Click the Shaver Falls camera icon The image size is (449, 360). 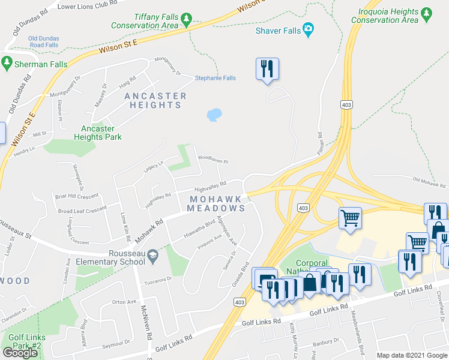point(309,29)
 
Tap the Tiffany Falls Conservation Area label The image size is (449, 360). point(152,22)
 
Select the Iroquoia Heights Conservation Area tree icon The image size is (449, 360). point(427,12)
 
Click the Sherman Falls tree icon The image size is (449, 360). point(7,61)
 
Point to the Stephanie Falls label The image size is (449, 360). point(215,78)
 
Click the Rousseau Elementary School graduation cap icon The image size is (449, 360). point(152,255)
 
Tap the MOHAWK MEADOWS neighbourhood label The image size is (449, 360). point(216,203)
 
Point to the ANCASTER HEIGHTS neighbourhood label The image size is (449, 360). point(155,100)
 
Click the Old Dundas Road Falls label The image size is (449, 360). point(43,42)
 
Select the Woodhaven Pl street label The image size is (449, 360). point(213,160)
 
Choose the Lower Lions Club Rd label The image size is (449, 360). point(88,5)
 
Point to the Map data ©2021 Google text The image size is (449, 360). point(411,355)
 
